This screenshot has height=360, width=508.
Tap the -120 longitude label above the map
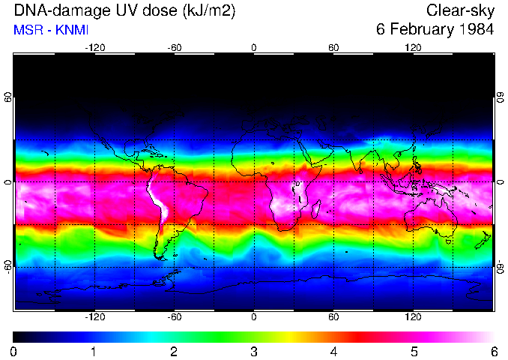pos(94,47)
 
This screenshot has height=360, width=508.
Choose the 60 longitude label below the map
pos(333,317)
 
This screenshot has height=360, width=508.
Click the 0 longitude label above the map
pos(254,47)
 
